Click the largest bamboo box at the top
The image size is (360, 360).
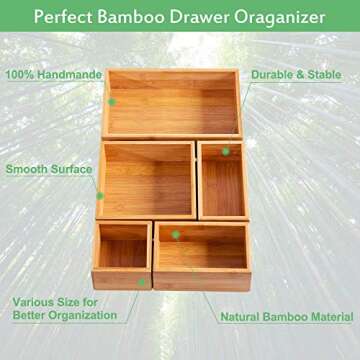[x=172, y=104]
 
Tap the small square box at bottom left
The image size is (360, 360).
[x=122, y=254]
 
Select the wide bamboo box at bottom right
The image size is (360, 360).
[x=202, y=255]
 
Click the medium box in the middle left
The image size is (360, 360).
[x=146, y=180]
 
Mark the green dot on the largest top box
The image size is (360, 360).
[x=112, y=101]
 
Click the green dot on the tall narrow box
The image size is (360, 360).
[x=226, y=152]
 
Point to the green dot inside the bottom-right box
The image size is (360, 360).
[x=176, y=234]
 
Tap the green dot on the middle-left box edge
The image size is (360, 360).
[x=99, y=195]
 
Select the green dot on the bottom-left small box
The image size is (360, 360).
[x=142, y=283]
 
